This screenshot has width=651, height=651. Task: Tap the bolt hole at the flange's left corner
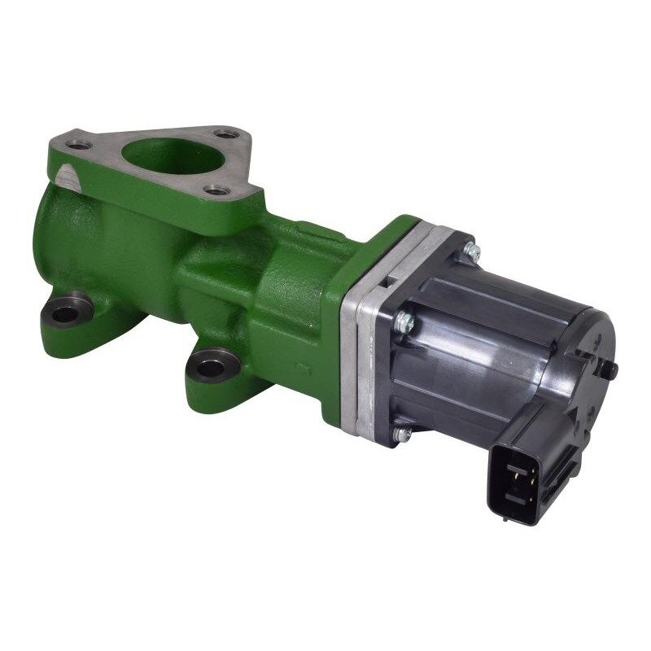[x=79, y=145]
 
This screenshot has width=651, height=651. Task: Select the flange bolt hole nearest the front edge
[x=215, y=190]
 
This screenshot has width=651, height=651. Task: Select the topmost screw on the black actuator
[x=469, y=246]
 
